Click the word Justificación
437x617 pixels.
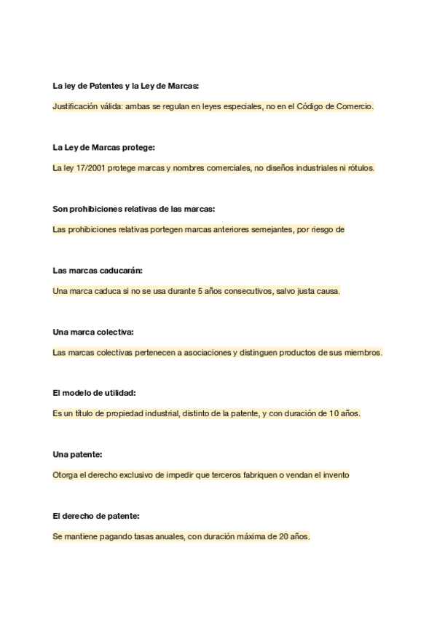click(x=74, y=106)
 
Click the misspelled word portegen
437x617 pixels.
click(x=165, y=230)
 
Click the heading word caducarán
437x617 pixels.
click(x=122, y=270)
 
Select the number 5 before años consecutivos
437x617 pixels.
click(x=200, y=291)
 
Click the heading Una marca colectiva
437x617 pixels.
click(x=93, y=332)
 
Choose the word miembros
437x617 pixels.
click(x=361, y=353)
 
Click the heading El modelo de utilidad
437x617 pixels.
click(x=95, y=393)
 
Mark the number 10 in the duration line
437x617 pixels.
click(x=333, y=414)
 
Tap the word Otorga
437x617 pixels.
click(x=66, y=476)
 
